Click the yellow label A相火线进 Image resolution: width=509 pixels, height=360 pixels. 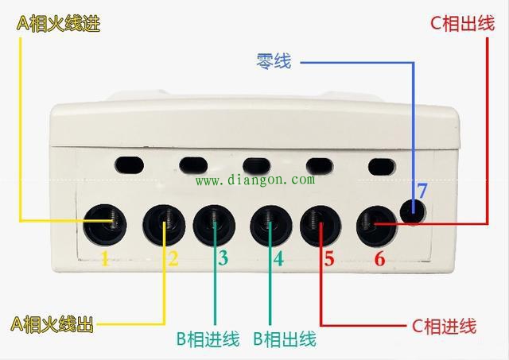pyautogui.click(x=58, y=24)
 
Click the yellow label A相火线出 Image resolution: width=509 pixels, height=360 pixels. pyautogui.click(x=52, y=323)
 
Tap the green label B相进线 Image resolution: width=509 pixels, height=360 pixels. pyautogui.click(x=208, y=339)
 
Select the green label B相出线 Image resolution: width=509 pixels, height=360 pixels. pyautogui.click(x=285, y=339)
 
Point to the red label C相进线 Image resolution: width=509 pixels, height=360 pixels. pyautogui.click(x=444, y=326)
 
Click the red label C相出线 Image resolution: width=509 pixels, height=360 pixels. pyautogui.click(x=463, y=23)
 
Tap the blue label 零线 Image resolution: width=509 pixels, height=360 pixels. pyautogui.click(x=274, y=61)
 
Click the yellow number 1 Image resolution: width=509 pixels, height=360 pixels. pyautogui.click(x=105, y=258)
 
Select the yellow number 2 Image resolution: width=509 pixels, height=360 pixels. pyautogui.click(x=173, y=258)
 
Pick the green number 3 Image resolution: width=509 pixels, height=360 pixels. pyautogui.click(x=223, y=258)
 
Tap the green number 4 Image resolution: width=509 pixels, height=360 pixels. pyautogui.click(x=278, y=258)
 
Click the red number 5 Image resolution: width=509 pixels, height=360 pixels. pyautogui.click(x=328, y=258)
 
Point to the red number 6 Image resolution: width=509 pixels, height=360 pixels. pyautogui.click(x=380, y=258)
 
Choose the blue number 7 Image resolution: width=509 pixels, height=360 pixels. pyautogui.click(x=422, y=191)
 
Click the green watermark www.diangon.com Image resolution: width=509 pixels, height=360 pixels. pyautogui.click(x=255, y=180)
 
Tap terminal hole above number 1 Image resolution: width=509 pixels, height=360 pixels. pyautogui.click(x=104, y=225)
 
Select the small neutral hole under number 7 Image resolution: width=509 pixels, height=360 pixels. pyautogui.click(x=413, y=211)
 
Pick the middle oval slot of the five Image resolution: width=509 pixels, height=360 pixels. pyautogui.click(x=256, y=165)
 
